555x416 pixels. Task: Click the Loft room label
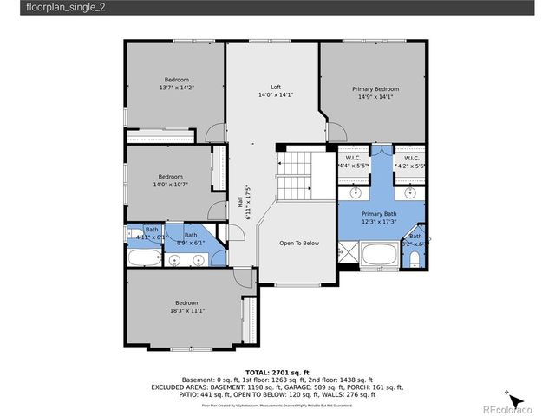[x=275, y=87]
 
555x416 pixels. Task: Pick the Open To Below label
[x=299, y=243]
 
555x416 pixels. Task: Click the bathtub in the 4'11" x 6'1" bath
[x=144, y=257]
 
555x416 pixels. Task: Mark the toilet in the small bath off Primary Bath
[x=417, y=257]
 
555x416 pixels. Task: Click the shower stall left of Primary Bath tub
[x=348, y=253]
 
